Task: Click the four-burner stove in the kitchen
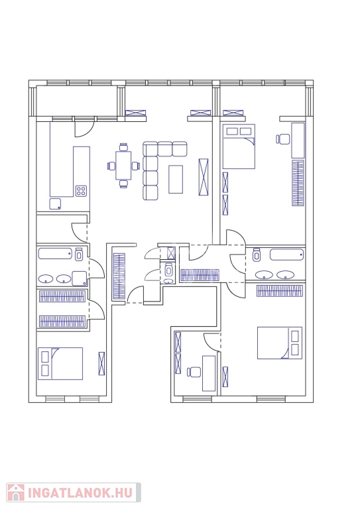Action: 81,191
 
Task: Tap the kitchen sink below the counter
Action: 55,204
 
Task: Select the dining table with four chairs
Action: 123,166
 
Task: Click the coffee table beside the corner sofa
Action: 176,179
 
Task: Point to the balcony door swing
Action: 84,129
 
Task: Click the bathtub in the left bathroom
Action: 55,254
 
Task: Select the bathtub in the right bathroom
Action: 286,254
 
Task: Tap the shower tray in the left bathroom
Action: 80,278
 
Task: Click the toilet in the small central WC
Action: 168,269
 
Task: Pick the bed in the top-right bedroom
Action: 239,146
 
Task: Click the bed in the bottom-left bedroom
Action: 60,364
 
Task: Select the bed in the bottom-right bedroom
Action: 280,343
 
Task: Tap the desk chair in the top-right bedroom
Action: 283,139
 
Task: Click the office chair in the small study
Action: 194,372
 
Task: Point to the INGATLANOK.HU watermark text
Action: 80,493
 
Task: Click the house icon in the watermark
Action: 16,493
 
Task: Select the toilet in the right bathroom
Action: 257,254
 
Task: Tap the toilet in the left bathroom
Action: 79,254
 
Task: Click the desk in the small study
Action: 209,373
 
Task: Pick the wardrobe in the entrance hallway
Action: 119,276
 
